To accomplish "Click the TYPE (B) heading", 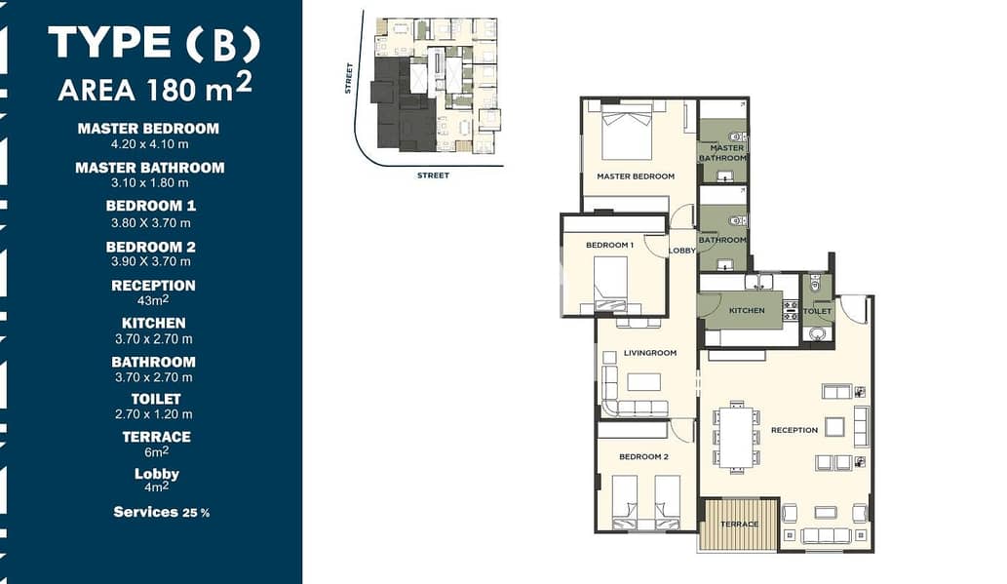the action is click(154, 42).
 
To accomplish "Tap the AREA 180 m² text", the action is click(155, 88).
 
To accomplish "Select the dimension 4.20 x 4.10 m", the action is click(150, 144).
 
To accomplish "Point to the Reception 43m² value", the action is click(153, 300).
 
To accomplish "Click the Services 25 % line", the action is click(161, 512).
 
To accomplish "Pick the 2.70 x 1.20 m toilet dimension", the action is click(153, 414).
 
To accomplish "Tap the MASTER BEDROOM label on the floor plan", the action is click(636, 176).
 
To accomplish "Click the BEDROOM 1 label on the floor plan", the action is click(609, 245).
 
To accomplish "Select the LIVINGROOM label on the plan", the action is click(650, 353).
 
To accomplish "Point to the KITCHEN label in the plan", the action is click(747, 310).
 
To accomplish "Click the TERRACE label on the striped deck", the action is click(739, 525).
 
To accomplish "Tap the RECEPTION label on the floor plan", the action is click(794, 430).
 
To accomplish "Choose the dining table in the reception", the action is click(737, 438).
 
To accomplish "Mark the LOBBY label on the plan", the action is click(682, 251).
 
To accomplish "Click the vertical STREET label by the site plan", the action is click(349, 78).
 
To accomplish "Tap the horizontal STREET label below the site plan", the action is click(434, 175).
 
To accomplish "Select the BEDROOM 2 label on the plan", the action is click(643, 457).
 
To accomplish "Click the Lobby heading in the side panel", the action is click(157, 474).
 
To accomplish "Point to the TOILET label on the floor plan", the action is click(817, 311).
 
